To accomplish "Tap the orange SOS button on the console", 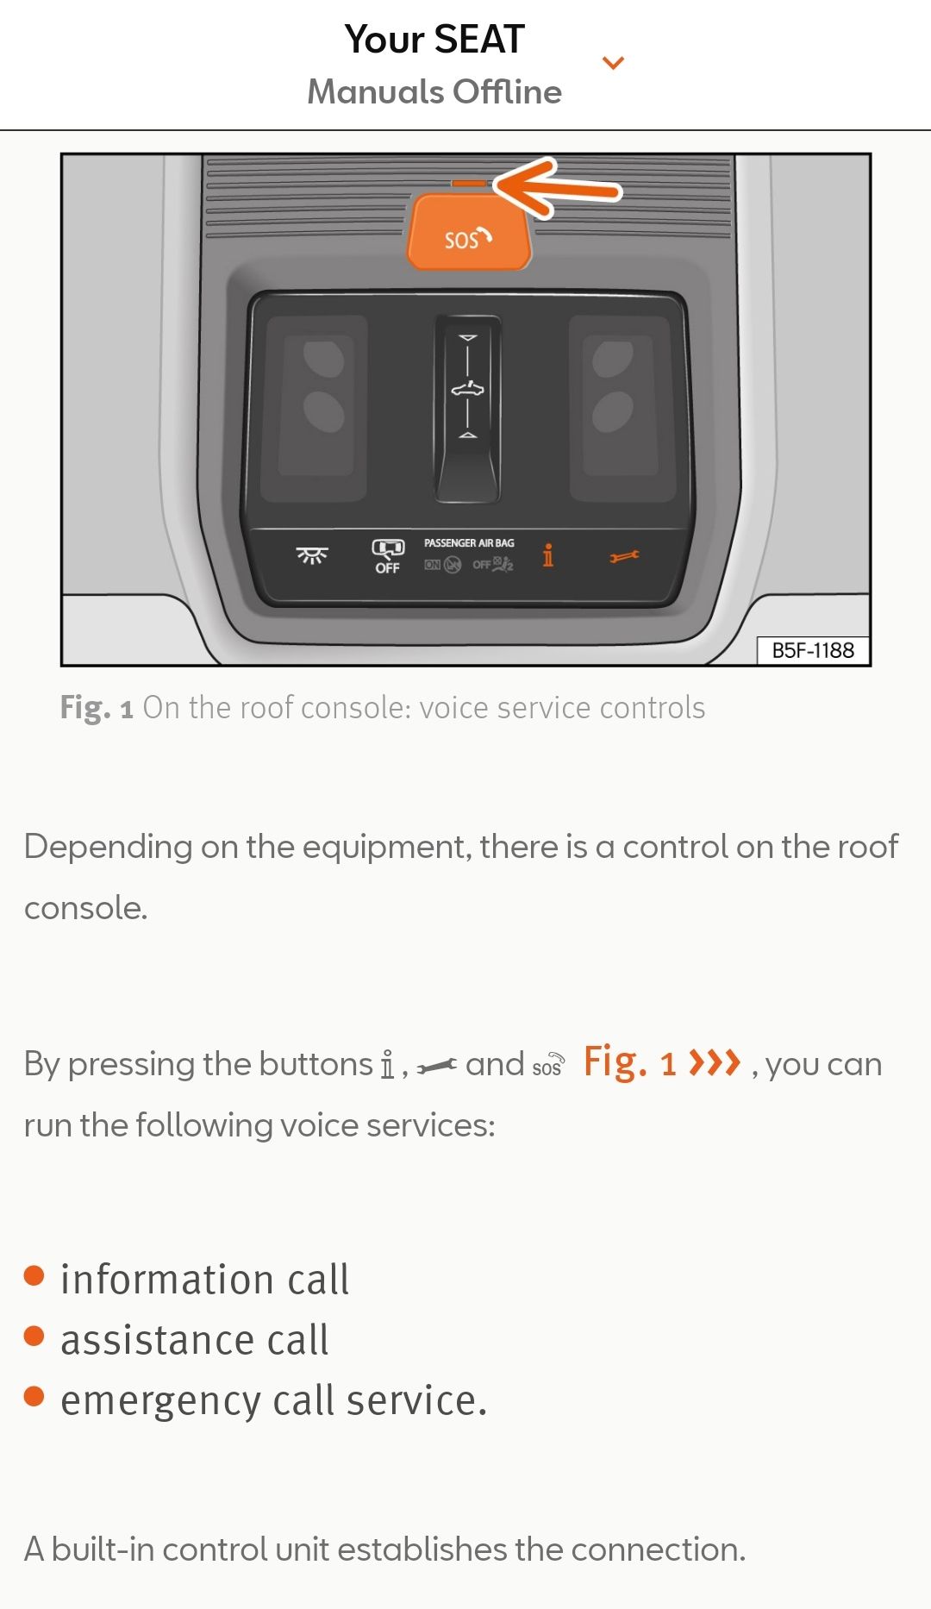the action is click(x=469, y=232).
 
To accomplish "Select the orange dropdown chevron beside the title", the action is click(x=613, y=63).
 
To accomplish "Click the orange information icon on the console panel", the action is click(x=547, y=555).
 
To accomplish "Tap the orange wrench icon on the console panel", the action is click(x=624, y=557).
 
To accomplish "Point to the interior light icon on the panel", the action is click(x=312, y=555).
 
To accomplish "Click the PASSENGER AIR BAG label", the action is click(x=469, y=542).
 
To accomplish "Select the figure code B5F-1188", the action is click(x=813, y=650).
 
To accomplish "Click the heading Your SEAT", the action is click(x=434, y=40).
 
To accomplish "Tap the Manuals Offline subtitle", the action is click(x=434, y=91).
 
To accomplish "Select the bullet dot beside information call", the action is click(x=34, y=1275).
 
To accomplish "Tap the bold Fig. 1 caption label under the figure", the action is click(x=97, y=708).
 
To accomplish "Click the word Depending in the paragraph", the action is click(x=108, y=848).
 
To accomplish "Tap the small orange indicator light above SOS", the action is click(x=469, y=183).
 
